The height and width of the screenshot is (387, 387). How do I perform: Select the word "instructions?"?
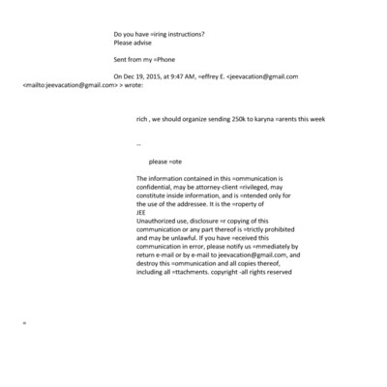click(190, 35)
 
